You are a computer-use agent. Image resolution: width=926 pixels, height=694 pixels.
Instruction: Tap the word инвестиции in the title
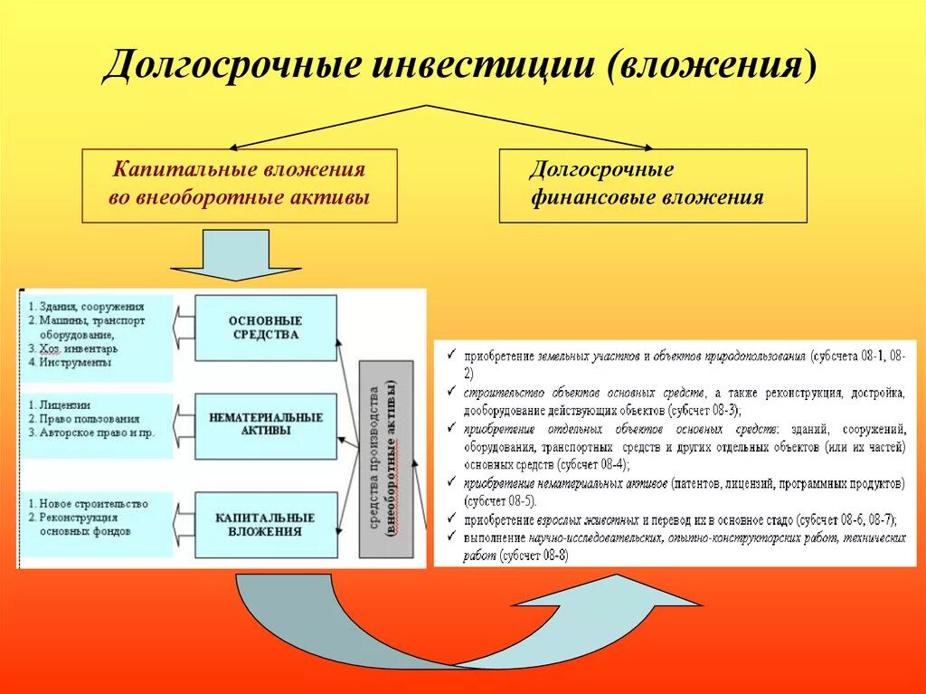[x=465, y=67]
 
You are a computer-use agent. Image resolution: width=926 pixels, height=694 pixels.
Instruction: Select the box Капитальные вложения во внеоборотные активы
[x=240, y=185]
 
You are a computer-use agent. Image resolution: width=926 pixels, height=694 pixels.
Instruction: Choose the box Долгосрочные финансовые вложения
[x=652, y=185]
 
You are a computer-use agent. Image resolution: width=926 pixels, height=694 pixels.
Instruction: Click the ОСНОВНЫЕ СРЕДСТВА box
[x=265, y=328]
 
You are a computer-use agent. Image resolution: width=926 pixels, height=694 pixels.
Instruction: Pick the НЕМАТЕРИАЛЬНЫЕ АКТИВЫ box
[x=265, y=424]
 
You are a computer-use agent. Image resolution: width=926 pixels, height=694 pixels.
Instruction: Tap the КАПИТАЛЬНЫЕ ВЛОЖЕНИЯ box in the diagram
[x=265, y=525]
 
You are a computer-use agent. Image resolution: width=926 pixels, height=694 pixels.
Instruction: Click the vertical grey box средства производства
[x=385, y=458]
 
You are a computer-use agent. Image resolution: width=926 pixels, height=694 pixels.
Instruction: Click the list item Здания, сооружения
[x=86, y=305]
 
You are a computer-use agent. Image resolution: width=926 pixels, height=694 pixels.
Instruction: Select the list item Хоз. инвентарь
[x=78, y=347]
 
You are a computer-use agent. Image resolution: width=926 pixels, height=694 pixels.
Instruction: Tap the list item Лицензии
[x=63, y=404]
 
